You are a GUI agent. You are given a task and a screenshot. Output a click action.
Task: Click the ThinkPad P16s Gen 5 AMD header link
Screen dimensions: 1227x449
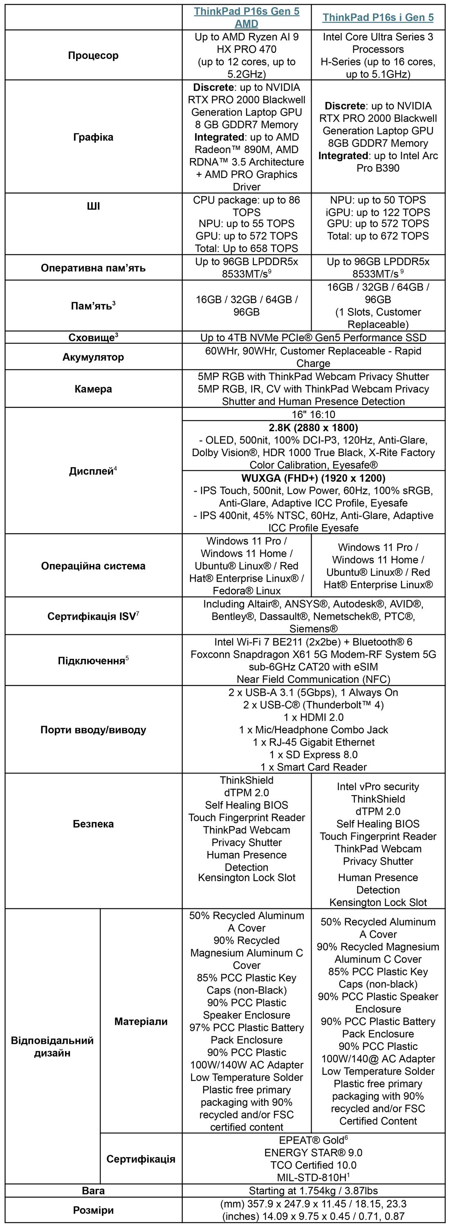click(x=247, y=17)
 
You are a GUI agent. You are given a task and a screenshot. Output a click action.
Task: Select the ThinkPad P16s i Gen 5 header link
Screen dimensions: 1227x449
click(x=378, y=17)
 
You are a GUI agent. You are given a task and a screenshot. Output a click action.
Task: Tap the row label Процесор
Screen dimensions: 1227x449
click(x=93, y=55)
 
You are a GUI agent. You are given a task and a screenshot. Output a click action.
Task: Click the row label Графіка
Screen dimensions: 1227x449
click(x=93, y=137)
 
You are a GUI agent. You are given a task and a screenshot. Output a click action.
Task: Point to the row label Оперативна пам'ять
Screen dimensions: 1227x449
click(x=93, y=268)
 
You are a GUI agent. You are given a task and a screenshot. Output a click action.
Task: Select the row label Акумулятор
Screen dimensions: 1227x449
click(x=93, y=357)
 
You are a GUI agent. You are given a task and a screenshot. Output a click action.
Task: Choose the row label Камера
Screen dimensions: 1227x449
click(x=93, y=389)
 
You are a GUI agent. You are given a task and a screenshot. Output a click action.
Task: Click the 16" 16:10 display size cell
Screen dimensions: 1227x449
click(x=313, y=414)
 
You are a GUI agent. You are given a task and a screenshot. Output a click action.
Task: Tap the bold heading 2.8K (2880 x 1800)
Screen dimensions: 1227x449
click(x=313, y=428)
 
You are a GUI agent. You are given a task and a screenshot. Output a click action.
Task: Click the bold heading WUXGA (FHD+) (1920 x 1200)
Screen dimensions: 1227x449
click(x=313, y=478)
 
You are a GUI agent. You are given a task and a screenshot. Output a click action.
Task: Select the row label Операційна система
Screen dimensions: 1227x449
click(x=93, y=566)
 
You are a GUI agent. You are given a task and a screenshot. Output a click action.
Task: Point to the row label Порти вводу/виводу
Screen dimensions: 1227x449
click(x=93, y=730)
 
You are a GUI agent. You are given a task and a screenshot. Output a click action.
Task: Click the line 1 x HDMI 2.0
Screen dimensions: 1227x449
click(x=313, y=717)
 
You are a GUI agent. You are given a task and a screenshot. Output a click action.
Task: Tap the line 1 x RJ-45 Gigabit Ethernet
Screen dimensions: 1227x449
click(x=313, y=742)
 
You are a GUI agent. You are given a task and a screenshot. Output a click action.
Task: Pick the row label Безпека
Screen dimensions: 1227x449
click(x=93, y=824)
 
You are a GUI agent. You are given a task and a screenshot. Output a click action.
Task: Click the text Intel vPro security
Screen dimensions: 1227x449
click(x=378, y=787)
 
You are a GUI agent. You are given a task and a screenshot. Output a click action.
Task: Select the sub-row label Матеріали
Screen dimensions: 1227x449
click(x=141, y=1021)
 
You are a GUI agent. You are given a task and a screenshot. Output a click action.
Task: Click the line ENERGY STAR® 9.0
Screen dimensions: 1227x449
click(x=313, y=1153)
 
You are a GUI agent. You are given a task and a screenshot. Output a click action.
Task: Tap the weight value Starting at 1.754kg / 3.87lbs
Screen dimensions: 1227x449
click(x=313, y=1191)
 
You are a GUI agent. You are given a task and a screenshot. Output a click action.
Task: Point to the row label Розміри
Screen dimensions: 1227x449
click(x=93, y=1210)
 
